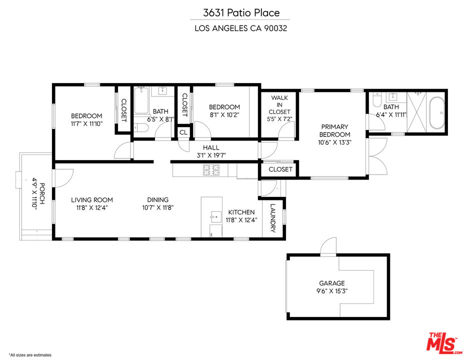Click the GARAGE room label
click(x=331, y=283)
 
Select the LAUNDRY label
click(x=273, y=218)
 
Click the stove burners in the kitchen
click(x=210, y=170)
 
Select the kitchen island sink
click(x=216, y=216)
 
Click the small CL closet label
click(x=183, y=132)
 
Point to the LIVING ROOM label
click(x=91, y=200)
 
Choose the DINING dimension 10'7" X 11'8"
click(x=157, y=207)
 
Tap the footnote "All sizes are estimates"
click(x=30, y=354)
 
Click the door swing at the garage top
click(x=329, y=246)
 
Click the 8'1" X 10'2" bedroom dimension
click(x=224, y=115)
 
